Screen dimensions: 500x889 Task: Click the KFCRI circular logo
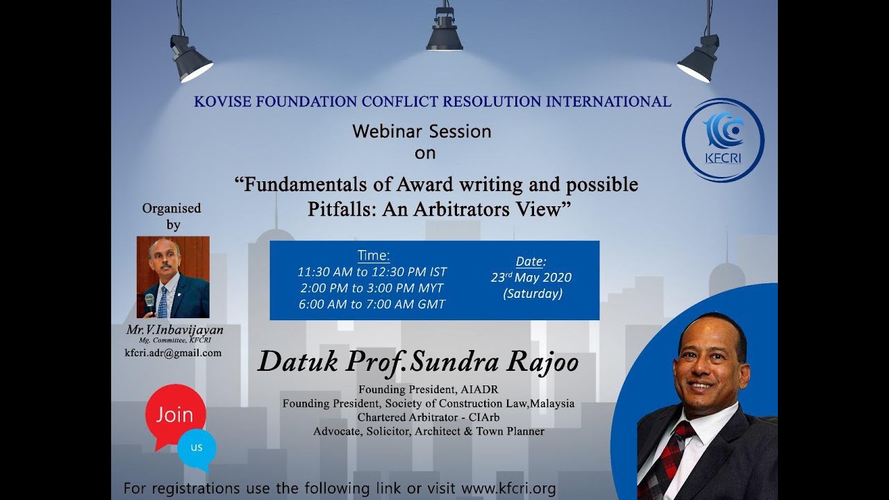[723, 140]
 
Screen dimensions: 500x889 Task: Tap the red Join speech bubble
[175, 415]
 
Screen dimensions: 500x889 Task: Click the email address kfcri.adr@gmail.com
[173, 353]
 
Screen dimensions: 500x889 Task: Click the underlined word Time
[374, 255]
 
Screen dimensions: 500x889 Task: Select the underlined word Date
[531, 262]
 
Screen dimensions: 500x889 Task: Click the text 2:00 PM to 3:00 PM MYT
[372, 288]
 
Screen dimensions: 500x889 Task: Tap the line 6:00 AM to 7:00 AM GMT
[372, 304]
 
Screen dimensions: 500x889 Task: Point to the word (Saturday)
[532, 294]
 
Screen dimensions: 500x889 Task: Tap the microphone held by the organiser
[149, 302]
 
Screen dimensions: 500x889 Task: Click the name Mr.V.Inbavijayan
[174, 331]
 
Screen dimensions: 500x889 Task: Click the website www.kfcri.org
[508, 488]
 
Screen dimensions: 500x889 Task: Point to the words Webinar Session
[422, 131]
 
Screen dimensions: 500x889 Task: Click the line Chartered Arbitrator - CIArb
[429, 417]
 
